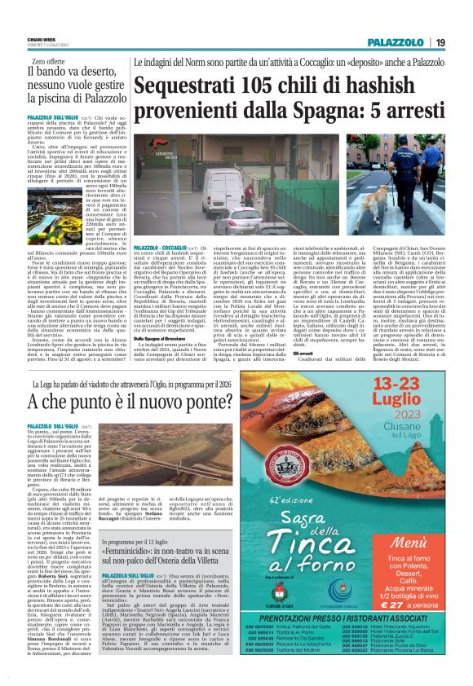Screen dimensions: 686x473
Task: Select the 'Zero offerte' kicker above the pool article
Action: point(47,62)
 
